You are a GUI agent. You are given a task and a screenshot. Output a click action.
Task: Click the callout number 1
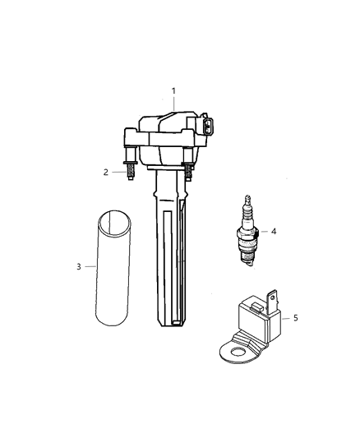pyautogui.click(x=173, y=90)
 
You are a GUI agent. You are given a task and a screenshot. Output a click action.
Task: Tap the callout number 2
pyautogui.click(x=106, y=173)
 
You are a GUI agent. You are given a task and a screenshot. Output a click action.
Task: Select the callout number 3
pyautogui.click(x=79, y=266)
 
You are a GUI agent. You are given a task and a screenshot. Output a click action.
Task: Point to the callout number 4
pyautogui.click(x=274, y=232)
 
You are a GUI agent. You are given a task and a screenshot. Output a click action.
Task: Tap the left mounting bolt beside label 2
pyautogui.click(x=130, y=167)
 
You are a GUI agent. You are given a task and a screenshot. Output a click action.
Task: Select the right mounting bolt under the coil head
pyautogui.click(x=188, y=170)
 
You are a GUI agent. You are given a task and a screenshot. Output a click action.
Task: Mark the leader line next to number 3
pyautogui.click(x=90, y=266)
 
